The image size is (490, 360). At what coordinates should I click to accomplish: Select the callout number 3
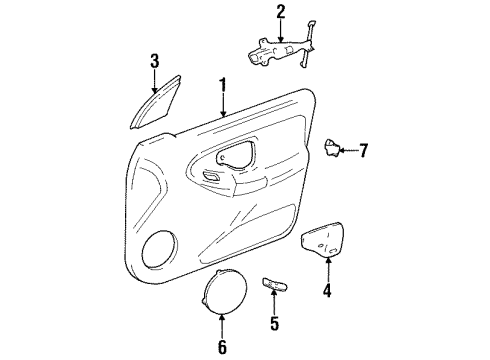(x=155, y=62)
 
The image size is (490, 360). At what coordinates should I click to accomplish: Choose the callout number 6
(x=222, y=347)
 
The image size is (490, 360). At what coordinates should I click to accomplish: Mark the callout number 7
(x=363, y=151)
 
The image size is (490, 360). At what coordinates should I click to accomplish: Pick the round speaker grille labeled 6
(x=222, y=295)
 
